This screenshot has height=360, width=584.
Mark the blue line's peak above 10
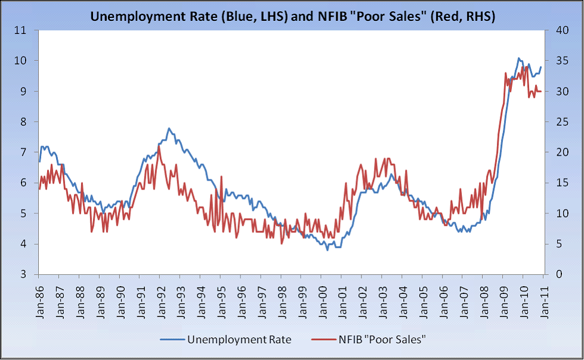tap(518, 58)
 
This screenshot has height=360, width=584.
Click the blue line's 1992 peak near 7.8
tap(169, 128)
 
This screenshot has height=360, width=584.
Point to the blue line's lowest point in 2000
tap(327, 250)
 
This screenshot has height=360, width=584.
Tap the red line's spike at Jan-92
tap(159, 145)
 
